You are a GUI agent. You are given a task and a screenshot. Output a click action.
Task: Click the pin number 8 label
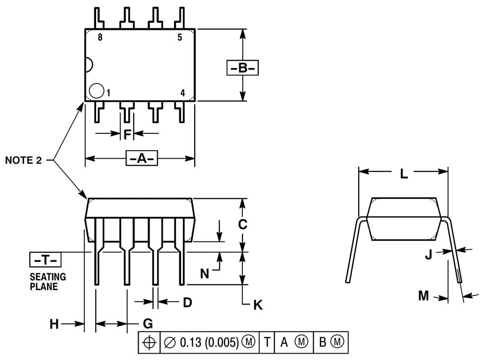tap(100, 37)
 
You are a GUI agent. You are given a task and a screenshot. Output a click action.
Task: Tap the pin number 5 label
tap(179, 37)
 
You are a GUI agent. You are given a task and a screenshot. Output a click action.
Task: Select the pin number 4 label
tap(182, 93)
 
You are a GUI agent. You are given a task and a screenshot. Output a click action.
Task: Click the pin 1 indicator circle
tap(97, 91)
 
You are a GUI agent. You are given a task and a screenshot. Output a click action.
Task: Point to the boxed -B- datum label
tap(243, 67)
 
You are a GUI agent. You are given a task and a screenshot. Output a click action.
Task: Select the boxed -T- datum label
tap(46, 259)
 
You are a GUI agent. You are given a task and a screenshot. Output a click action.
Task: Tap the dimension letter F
tap(127, 134)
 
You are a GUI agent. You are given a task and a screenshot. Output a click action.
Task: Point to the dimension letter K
tap(258, 305)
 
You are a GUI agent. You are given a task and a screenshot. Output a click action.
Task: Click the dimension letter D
tap(187, 302)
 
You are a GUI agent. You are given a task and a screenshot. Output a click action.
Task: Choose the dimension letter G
tap(147, 324)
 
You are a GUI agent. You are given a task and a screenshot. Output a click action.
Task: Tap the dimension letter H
tap(54, 324)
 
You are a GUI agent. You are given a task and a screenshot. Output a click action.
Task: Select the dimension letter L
tap(404, 174)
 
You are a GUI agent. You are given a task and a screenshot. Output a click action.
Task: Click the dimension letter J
tap(429, 255)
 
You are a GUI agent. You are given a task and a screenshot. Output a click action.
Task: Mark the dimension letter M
tap(423, 296)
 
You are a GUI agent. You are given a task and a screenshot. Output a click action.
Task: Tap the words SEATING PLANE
tap(48, 282)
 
